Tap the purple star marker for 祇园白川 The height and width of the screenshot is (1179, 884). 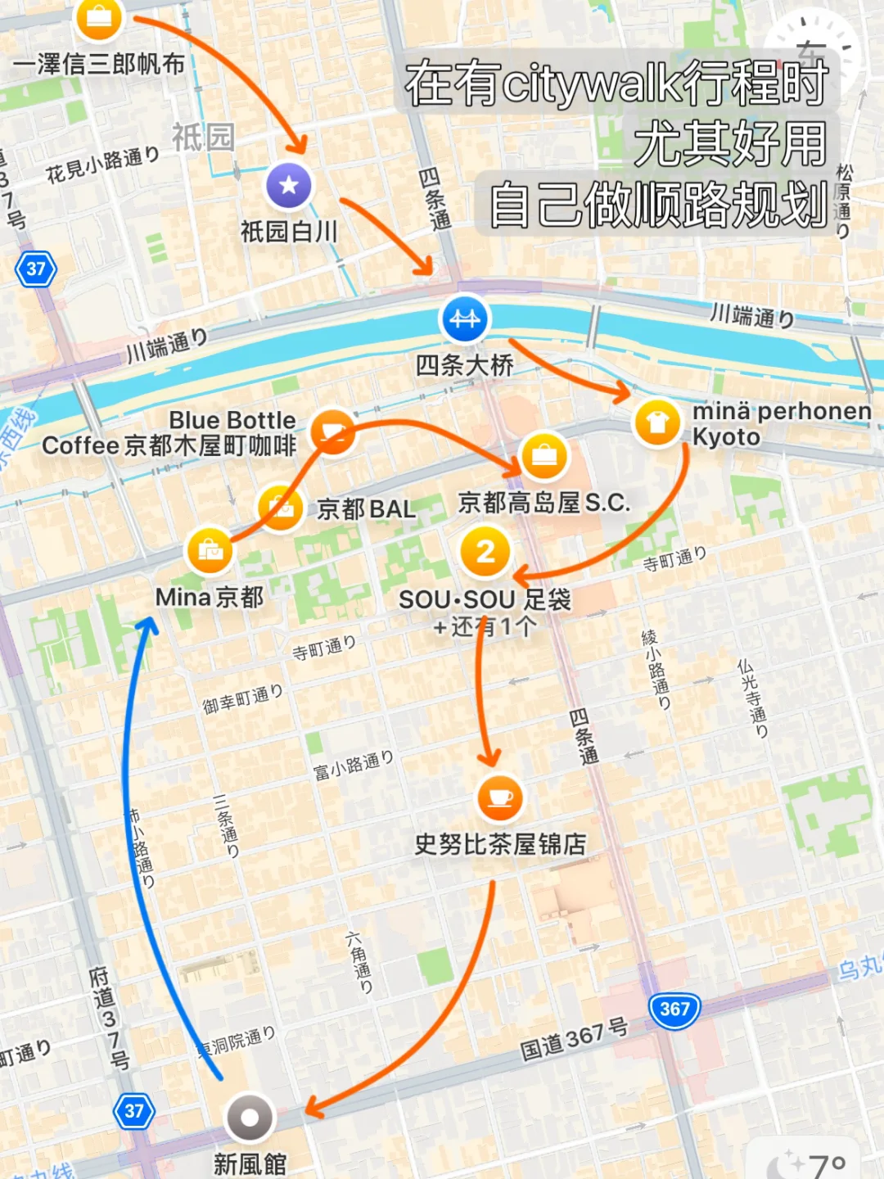click(289, 185)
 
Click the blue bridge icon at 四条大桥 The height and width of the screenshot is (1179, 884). click(464, 318)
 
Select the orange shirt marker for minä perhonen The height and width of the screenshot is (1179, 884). click(657, 422)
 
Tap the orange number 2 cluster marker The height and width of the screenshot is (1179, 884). click(485, 551)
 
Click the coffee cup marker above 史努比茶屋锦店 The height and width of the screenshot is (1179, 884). click(499, 797)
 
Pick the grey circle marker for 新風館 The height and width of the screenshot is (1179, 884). click(250, 1118)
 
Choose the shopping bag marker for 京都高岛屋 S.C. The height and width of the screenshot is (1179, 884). click(543, 455)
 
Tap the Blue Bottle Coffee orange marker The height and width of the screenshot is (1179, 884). click(332, 431)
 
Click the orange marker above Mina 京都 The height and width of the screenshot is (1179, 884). click(210, 549)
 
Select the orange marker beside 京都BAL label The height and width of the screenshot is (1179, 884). click(281, 508)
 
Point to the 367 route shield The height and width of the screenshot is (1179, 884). click(674, 1010)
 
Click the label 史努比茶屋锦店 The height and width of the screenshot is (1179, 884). click(500, 844)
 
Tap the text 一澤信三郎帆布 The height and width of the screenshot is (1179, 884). click(98, 64)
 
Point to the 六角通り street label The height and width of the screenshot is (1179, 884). click(359, 963)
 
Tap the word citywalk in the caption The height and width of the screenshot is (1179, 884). click(589, 84)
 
